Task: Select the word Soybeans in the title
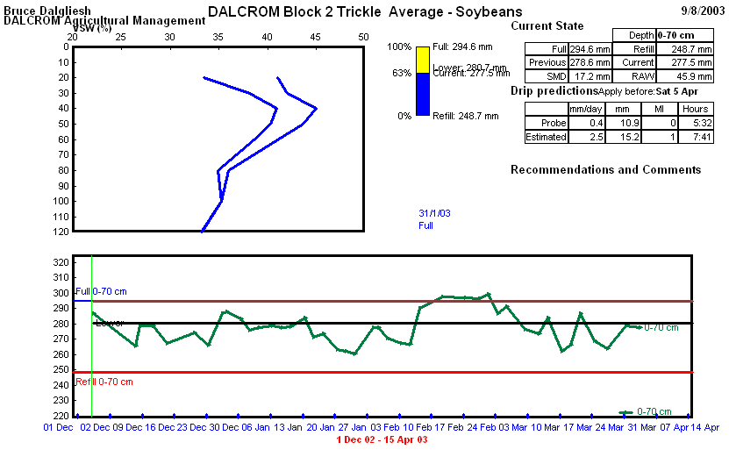tap(490, 11)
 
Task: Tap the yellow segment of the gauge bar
tap(423, 60)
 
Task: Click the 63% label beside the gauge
tap(401, 74)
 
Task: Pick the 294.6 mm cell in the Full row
tap(590, 49)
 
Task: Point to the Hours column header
tap(695, 109)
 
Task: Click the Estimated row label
tap(546, 137)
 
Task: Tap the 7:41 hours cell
tap(695, 137)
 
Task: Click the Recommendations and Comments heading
tap(605, 169)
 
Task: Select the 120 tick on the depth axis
tap(61, 232)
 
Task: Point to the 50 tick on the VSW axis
tap(363, 38)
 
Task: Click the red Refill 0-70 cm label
tap(104, 382)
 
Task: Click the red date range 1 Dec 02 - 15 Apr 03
tap(382, 439)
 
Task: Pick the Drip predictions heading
tap(554, 91)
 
